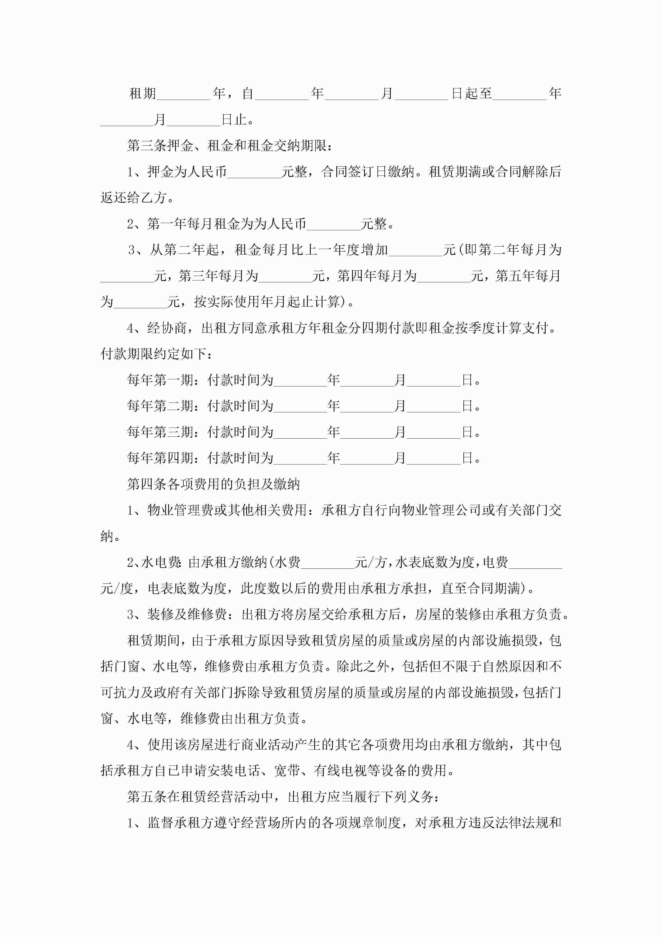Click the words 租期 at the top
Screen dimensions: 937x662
pyautogui.click(x=142, y=94)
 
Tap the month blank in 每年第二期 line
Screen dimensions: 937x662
pyautogui.click(x=367, y=407)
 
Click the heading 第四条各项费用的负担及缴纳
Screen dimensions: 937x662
pyautogui.click(x=213, y=485)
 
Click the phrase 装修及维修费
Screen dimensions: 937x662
pyautogui.click(x=187, y=615)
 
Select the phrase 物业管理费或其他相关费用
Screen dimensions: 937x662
pyautogui.click(x=227, y=510)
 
